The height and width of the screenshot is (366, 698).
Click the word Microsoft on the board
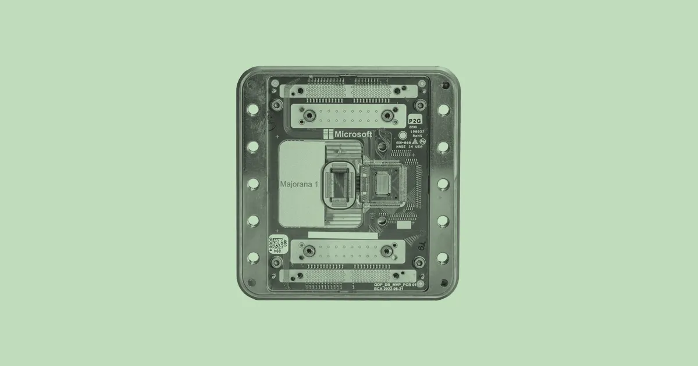tap(354, 134)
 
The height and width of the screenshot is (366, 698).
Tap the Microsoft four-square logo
tap(329, 134)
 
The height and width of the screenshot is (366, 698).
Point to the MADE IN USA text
tap(409, 146)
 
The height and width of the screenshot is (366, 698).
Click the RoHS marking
tap(417, 135)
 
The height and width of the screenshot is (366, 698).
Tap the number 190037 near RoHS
tap(416, 131)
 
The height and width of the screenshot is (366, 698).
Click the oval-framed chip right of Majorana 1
tap(339, 184)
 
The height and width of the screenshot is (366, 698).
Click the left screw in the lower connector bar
tap(309, 251)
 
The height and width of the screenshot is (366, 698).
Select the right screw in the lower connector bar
tap(386, 251)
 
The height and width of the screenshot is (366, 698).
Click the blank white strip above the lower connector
tap(343, 235)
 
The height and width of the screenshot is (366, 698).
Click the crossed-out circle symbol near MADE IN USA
tap(423, 141)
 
